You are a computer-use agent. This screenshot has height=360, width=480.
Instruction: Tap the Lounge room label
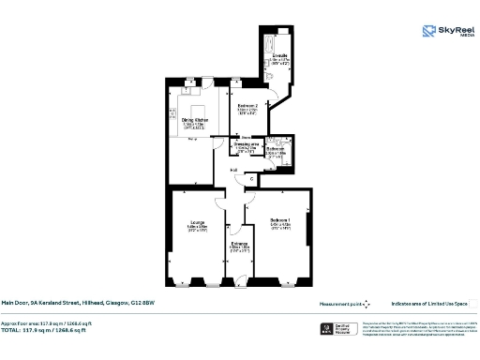click(x=196, y=223)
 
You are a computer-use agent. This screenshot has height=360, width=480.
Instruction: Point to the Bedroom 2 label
click(x=247, y=106)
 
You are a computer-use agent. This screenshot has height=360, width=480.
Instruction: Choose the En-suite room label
click(x=279, y=56)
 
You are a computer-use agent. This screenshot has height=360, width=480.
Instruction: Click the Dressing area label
click(x=246, y=146)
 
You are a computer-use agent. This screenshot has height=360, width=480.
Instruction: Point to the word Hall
click(x=234, y=169)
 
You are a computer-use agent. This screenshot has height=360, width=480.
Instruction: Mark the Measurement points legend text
click(x=339, y=303)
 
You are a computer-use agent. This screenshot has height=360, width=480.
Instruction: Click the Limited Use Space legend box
click(x=474, y=303)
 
